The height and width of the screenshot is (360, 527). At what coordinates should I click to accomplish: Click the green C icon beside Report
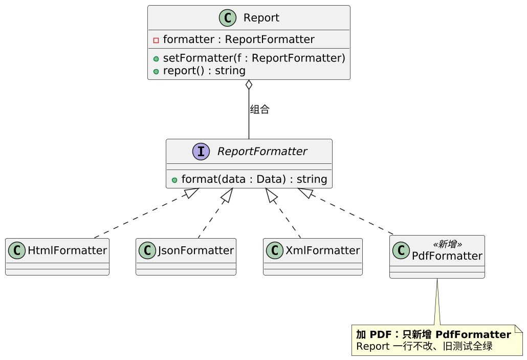228,18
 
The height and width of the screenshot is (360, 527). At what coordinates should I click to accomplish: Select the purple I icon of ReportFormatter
201,152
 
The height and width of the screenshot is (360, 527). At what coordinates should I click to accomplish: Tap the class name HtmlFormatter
67,250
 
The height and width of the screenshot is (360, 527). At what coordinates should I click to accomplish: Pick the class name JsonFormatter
196,250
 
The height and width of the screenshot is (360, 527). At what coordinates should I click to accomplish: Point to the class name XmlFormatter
323,250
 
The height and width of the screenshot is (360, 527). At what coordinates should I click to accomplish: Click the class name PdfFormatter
447,256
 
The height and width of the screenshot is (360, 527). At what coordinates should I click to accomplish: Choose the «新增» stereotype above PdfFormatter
447,244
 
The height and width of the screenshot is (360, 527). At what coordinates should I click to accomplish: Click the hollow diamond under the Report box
249,85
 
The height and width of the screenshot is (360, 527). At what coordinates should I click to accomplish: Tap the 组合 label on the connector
259,110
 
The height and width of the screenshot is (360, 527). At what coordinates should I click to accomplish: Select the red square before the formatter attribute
156,40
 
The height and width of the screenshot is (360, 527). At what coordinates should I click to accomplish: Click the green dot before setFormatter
156,59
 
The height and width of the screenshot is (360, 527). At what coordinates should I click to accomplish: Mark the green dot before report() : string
156,71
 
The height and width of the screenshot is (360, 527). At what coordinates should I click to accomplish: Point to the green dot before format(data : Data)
174,180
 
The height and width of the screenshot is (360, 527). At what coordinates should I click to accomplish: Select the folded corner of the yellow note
519,328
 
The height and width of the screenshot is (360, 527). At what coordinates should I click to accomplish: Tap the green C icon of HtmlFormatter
17,250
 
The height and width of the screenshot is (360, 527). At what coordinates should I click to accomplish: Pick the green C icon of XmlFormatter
275,250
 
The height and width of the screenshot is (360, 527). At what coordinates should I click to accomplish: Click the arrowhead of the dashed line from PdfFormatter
305,193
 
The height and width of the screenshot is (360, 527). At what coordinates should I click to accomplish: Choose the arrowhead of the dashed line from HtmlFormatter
191,193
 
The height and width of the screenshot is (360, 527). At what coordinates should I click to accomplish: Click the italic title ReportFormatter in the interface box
262,152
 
